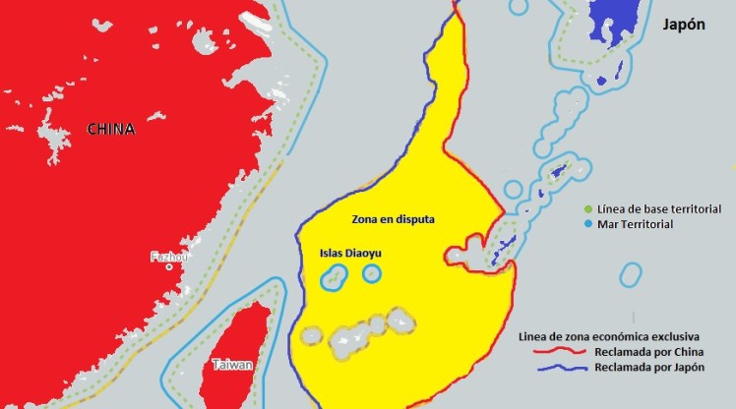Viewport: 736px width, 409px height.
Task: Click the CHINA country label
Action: coord(111,129)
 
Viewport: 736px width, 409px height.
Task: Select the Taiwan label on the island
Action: coord(232,365)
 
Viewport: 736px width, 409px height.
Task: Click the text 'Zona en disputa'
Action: coord(393,217)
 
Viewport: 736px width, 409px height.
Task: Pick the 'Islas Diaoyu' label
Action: coord(350,253)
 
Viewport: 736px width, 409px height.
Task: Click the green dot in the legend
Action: coord(588,209)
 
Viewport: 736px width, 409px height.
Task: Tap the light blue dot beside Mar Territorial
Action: coord(588,225)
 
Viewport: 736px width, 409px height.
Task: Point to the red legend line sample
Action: coord(554,351)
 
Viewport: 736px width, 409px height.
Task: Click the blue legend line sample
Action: coord(554,367)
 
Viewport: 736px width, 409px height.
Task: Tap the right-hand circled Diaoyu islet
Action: coord(371,273)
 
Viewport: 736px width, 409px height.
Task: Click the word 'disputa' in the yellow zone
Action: coord(414,217)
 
